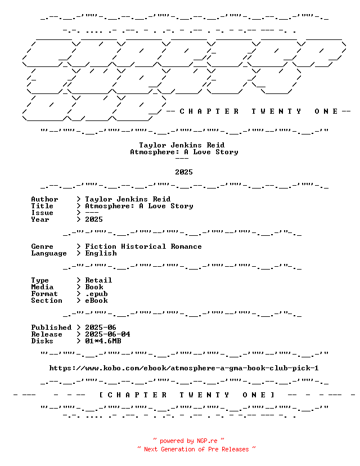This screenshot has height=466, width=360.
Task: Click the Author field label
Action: (44, 199)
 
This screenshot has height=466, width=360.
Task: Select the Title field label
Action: (42, 206)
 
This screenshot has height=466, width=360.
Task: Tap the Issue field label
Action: (42, 213)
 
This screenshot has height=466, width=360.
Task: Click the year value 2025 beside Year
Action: (94, 219)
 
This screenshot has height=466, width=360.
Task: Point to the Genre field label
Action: (42, 247)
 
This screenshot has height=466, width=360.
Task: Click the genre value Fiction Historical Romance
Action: (143, 247)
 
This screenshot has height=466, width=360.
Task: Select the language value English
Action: (101, 253)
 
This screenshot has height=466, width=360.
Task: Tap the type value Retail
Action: (98, 280)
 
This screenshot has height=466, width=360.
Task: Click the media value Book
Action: (94, 287)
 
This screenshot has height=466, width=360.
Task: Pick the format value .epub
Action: (97, 294)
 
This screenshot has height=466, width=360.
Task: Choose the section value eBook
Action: (97, 301)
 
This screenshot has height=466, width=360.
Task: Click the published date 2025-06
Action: (101, 328)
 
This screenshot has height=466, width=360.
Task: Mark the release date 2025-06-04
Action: (107, 334)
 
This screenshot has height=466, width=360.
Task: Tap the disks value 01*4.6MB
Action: (103, 341)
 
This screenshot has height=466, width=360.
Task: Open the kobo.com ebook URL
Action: (184, 368)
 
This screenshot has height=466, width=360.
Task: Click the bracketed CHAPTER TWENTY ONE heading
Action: (187, 395)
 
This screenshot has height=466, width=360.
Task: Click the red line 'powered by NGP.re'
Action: (188, 441)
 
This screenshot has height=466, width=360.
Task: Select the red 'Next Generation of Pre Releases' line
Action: (196, 449)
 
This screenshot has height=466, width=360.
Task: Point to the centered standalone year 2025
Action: (184, 172)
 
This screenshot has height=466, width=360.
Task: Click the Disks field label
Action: (42, 341)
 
